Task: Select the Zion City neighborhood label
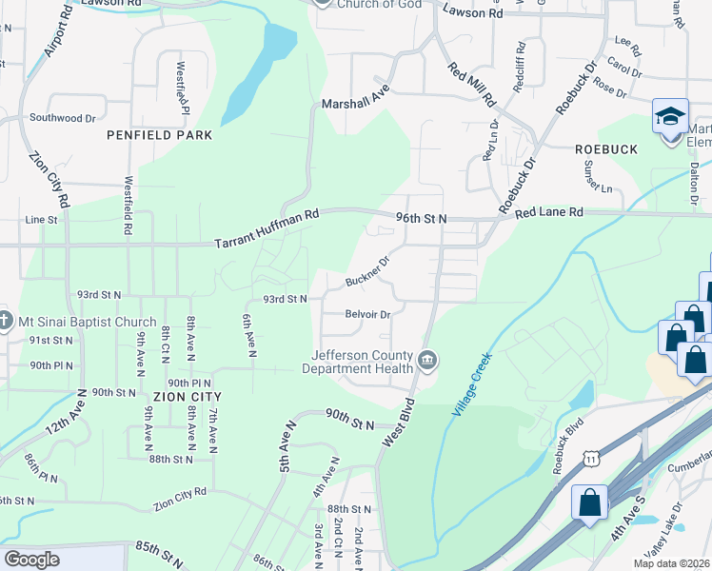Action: point(187,396)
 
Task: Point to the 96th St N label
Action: point(422,218)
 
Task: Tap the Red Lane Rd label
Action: point(549,214)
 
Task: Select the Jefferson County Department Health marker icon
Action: point(427,360)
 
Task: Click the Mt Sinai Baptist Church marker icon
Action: point(6,320)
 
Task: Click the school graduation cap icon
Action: point(670,116)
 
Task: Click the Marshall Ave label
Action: point(356,99)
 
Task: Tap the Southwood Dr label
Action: point(63,118)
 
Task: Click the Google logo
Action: point(31,559)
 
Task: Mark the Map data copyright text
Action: point(672,563)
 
